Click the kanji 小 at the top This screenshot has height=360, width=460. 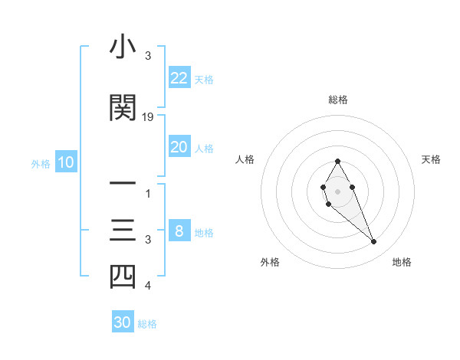click(x=123, y=48)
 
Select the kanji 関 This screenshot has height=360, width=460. click(x=123, y=108)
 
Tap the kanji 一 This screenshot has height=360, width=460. click(x=123, y=185)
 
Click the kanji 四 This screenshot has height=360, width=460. click(x=123, y=277)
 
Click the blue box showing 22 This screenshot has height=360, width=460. click(x=179, y=78)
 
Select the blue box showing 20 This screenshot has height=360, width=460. click(x=179, y=147)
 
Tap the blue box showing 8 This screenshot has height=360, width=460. click(x=179, y=231)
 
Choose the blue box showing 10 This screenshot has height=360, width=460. click(x=65, y=162)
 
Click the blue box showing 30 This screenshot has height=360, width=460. click(x=123, y=322)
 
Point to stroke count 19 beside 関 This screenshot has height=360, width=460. click(x=149, y=117)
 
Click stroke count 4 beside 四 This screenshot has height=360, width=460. click(x=148, y=286)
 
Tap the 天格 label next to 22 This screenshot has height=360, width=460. click(x=204, y=80)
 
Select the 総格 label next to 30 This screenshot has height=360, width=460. click(x=147, y=324)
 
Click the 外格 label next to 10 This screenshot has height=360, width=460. click(x=41, y=163)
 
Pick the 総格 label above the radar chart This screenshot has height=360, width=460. click(x=337, y=100)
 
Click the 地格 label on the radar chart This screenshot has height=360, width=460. click(x=402, y=262)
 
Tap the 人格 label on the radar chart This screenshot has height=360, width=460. click(x=245, y=159)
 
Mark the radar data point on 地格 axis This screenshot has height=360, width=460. click(x=374, y=242)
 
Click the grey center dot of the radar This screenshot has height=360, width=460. click(x=337, y=190)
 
